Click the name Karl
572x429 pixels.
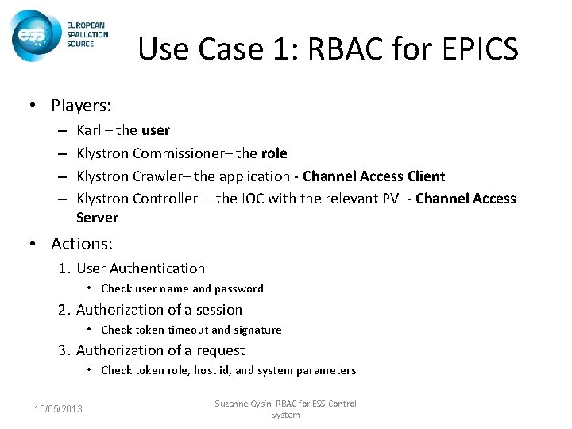(89, 129)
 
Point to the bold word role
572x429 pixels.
(274, 153)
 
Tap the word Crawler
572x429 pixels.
(161, 176)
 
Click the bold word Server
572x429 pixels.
(97, 218)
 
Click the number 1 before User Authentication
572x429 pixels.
(61, 269)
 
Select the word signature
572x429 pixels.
(257, 330)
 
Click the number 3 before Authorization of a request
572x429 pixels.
(61, 350)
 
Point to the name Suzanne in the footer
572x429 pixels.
(235, 404)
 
